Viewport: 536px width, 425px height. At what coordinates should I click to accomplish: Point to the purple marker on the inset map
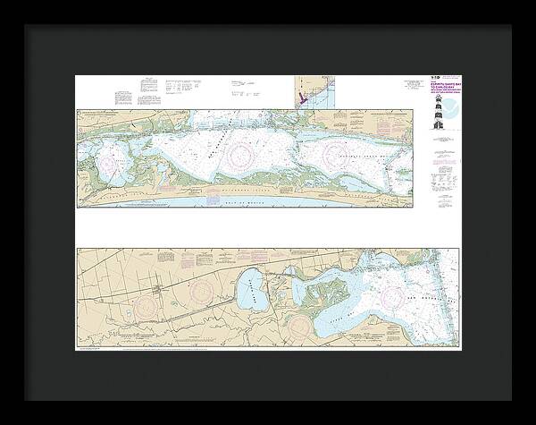click(x=305, y=98)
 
